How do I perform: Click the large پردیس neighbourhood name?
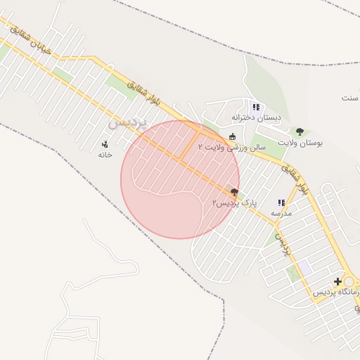pyautogui.click(x=129, y=122)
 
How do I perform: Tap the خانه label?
pyautogui.click(x=105, y=154)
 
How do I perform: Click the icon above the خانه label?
pyautogui.click(x=105, y=144)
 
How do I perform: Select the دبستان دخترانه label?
pyautogui.click(x=257, y=117)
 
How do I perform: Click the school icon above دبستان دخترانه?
pyautogui.click(x=257, y=107)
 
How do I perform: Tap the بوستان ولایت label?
pyautogui.click(x=300, y=143)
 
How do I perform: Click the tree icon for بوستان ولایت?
pyautogui.click(x=300, y=131)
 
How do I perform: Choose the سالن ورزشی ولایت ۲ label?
pyautogui.click(x=232, y=147)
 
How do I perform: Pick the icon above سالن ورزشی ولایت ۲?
pyautogui.click(x=233, y=136)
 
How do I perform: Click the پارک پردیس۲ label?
pyautogui.click(x=235, y=202)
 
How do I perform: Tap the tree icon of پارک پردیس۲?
pyautogui.click(x=234, y=193)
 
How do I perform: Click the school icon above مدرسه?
pyautogui.click(x=281, y=202)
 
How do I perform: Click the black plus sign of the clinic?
pyautogui.click(x=338, y=281)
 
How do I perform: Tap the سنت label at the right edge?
pyautogui.click(x=349, y=98)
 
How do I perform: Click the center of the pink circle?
pyautogui.click(x=180, y=179)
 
